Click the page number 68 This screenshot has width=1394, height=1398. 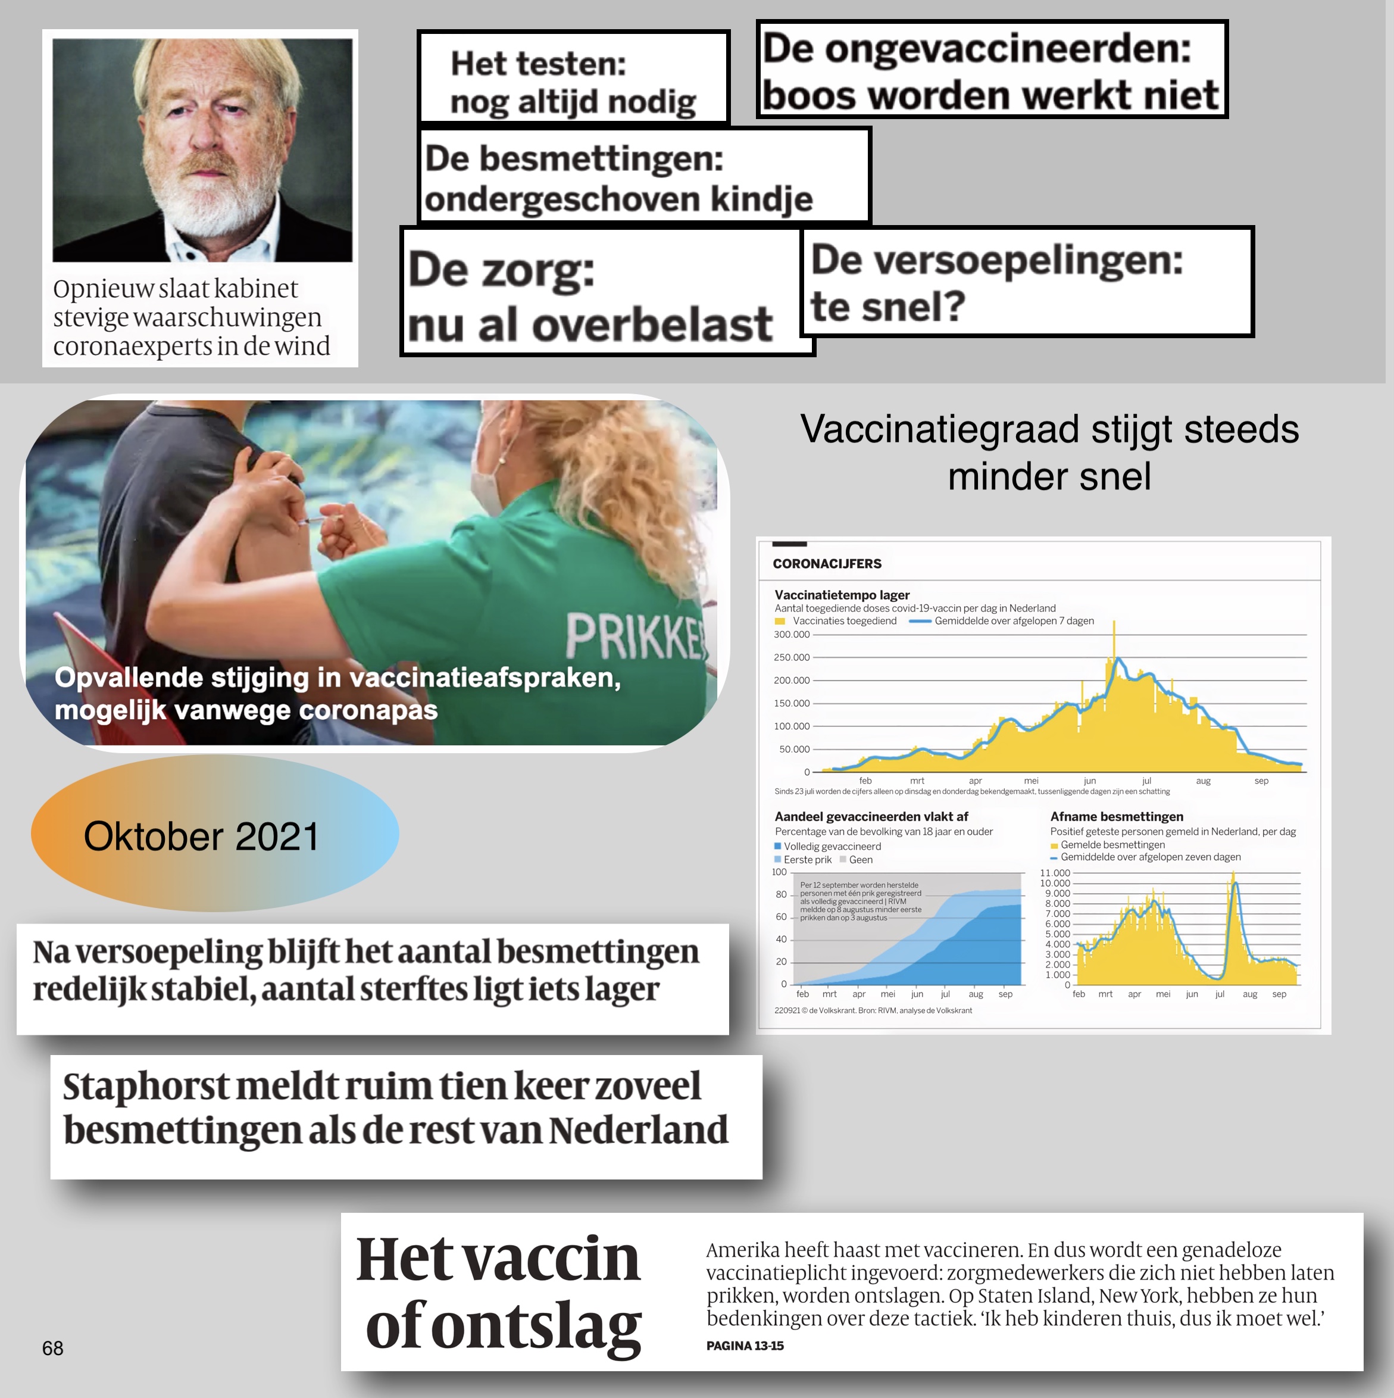(x=53, y=1348)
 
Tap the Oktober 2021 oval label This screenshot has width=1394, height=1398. (x=201, y=837)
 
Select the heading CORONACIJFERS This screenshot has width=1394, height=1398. (x=827, y=564)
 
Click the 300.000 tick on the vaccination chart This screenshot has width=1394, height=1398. (x=792, y=635)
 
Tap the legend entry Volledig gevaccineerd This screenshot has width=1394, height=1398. (x=832, y=846)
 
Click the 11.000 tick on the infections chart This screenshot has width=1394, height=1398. (x=1055, y=873)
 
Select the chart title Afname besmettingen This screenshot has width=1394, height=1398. (x=1116, y=816)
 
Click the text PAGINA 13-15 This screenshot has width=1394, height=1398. (x=745, y=1346)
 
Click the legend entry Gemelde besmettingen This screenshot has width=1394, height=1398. (x=1112, y=844)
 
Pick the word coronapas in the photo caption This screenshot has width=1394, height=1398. (x=368, y=710)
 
